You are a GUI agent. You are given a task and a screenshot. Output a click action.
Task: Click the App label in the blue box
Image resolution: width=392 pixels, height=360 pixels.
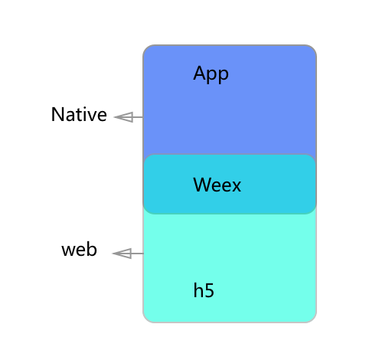pyautogui.click(x=211, y=74)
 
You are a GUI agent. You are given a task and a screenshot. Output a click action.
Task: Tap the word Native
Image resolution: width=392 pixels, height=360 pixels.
pyautogui.click(x=79, y=114)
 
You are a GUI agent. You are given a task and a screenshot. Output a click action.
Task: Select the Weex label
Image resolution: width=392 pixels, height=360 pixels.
pyautogui.click(x=217, y=185)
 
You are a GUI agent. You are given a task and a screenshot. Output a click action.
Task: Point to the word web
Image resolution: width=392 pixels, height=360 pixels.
pyautogui.click(x=79, y=249)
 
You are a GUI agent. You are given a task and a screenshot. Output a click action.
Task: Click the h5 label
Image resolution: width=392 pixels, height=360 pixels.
pyautogui.click(x=204, y=290)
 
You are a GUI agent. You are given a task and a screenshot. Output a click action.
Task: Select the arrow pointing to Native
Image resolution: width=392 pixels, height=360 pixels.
pyautogui.click(x=129, y=117)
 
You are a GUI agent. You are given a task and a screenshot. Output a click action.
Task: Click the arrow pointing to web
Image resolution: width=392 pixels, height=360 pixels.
pyautogui.click(x=128, y=254)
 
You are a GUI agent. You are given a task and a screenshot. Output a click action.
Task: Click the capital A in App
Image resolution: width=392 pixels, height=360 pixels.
pyautogui.click(x=200, y=73)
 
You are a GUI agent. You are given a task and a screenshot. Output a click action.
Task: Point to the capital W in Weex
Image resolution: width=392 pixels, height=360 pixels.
pyautogui.click(x=203, y=185)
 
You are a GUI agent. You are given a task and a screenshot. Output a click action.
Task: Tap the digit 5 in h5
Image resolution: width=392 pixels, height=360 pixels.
pyautogui.click(x=209, y=290)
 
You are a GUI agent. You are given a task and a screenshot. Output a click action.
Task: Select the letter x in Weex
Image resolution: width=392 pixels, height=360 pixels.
pyautogui.click(x=236, y=187)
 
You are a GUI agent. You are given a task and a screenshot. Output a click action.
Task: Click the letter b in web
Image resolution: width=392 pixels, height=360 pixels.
pyautogui.click(x=92, y=249)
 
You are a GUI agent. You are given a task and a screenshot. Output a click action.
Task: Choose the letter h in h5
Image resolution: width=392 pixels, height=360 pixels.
pyautogui.click(x=198, y=290)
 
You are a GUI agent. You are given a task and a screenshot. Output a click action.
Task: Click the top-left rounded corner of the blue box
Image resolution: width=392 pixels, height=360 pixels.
pyautogui.click(x=145, y=48)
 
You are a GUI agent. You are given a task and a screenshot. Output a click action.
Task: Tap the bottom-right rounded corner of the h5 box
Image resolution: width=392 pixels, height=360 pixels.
pyautogui.click(x=314, y=320)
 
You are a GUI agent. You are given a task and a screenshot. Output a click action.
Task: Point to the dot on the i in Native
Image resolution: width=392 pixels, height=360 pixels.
pyautogui.click(x=86, y=109)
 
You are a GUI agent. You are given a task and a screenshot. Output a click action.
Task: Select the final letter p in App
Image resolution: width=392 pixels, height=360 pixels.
pyautogui.click(x=224, y=76)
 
